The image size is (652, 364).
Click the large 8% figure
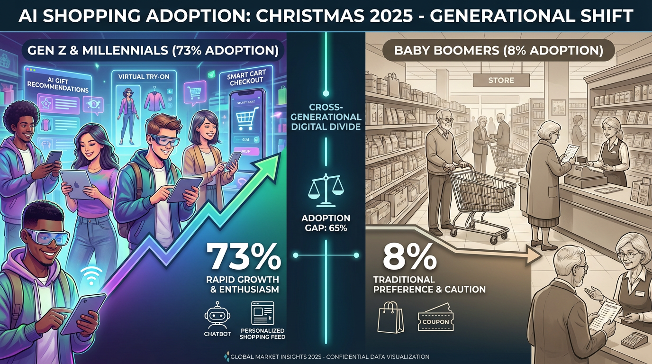coord(409,257)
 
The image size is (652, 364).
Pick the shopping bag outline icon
coord(390,318)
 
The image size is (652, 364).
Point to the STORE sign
coord(501,81)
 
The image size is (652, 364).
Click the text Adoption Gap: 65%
coord(326,223)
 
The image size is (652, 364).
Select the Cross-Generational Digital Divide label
coord(326,117)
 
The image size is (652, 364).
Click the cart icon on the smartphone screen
coord(245,116)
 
